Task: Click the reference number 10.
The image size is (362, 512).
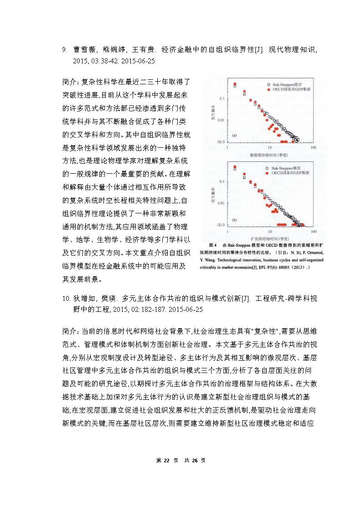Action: (65, 298)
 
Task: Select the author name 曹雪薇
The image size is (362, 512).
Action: (83, 50)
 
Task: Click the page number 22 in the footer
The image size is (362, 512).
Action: (166, 460)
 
